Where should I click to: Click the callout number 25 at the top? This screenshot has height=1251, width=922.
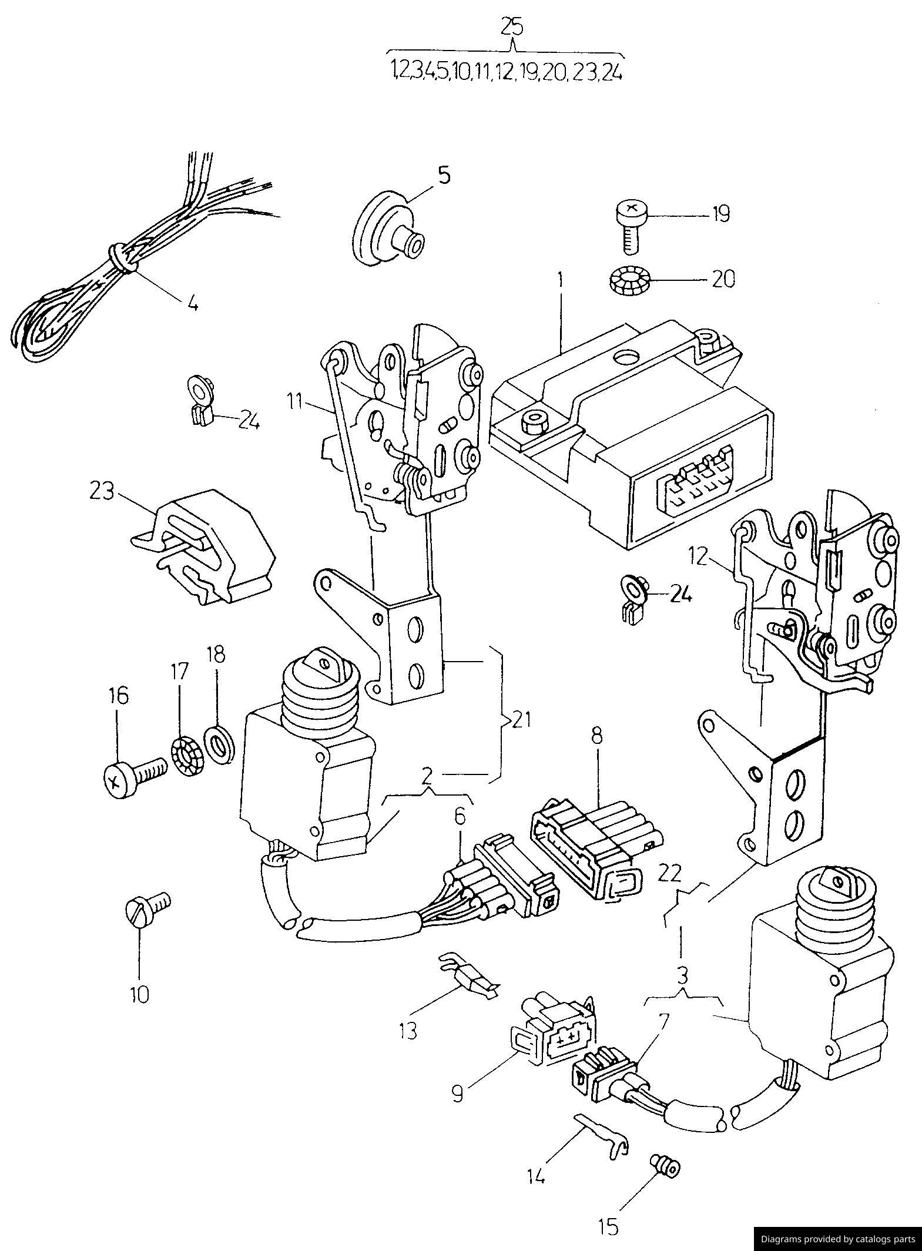(512, 27)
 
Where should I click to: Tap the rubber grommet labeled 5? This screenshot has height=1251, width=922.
(385, 229)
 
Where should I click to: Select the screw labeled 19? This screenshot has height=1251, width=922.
(632, 225)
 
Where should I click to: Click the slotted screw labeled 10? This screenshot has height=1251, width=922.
(146, 911)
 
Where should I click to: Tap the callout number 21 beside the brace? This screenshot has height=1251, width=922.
(521, 718)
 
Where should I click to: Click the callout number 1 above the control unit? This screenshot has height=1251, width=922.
(561, 280)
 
